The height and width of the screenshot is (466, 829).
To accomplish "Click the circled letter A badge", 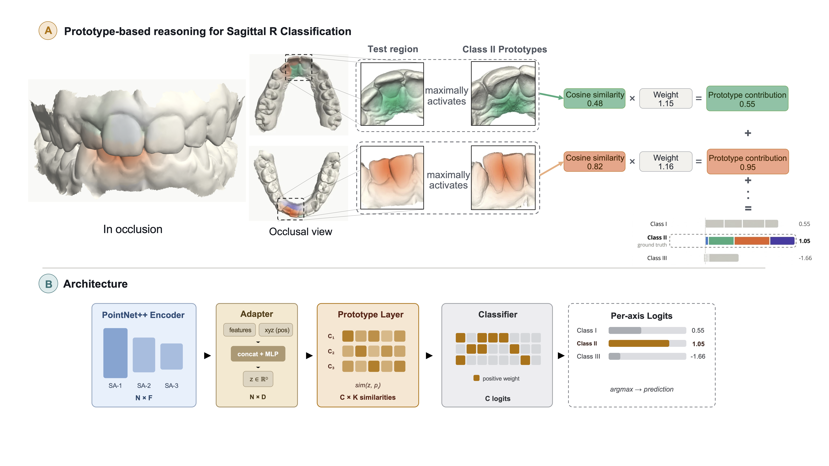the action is (x=48, y=31).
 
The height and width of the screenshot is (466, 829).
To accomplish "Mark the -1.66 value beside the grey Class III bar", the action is (x=805, y=258).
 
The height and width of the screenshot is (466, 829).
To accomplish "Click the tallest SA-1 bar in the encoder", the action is (x=115, y=353).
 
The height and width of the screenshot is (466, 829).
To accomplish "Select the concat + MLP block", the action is (x=258, y=354).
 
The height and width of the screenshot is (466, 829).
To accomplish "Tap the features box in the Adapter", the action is (x=240, y=330).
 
